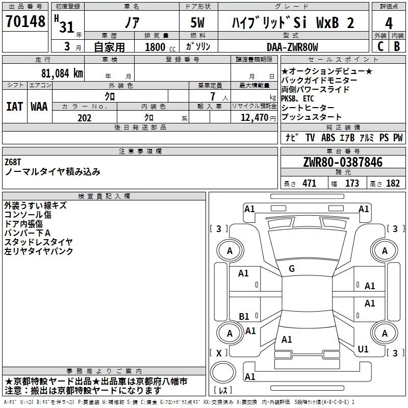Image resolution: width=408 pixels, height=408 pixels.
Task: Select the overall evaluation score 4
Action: pyautogui.click(x=389, y=22)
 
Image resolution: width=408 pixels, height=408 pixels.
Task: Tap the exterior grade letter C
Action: pyautogui.click(x=379, y=45)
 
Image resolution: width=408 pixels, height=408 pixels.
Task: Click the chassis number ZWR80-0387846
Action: pyautogui.click(x=342, y=162)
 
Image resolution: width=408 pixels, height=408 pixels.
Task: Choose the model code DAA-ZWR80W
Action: pyautogui.click(x=292, y=47)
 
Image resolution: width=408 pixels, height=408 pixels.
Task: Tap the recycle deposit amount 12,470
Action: pyautogui.click(x=253, y=118)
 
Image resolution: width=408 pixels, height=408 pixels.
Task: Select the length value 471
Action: pyautogui.click(x=309, y=184)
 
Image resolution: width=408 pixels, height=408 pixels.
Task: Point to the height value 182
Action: pyautogui.click(x=393, y=184)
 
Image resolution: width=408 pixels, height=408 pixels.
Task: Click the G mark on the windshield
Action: pyautogui.click(x=292, y=269)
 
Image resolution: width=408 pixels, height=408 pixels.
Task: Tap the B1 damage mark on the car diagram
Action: pyautogui.click(x=244, y=316)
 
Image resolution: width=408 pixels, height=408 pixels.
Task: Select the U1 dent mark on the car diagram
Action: pyautogui.click(x=363, y=349)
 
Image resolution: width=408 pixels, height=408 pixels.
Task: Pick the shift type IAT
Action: pyautogui.click(x=14, y=106)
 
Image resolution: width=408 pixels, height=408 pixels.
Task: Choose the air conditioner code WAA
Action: pyautogui.click(x=39, y=106)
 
